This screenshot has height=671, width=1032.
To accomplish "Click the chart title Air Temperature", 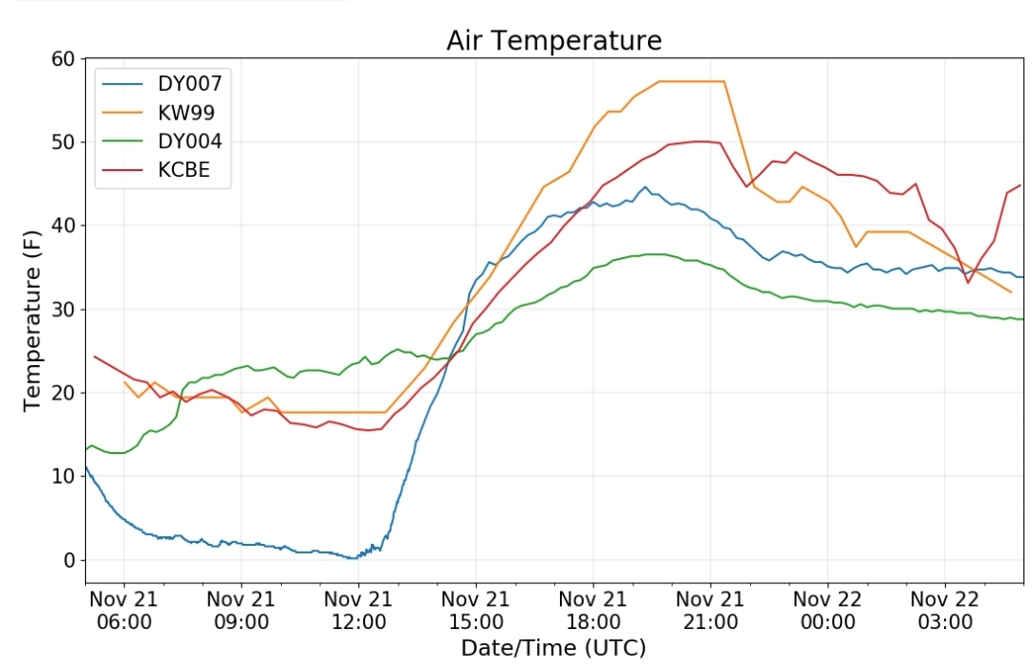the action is point(553,40).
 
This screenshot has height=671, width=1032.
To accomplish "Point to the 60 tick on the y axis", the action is point(63,58).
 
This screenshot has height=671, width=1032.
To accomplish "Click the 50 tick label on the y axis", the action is point(63,142).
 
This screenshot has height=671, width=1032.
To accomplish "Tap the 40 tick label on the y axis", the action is point(63,226).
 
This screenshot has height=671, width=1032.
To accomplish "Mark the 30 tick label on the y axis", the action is point(63,310).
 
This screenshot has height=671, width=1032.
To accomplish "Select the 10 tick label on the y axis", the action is point(63,476).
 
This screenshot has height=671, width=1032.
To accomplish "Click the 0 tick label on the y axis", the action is point(70,560).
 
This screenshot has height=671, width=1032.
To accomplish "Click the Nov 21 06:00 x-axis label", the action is point(123,611).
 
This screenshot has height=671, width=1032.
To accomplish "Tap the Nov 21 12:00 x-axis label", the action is point(358,611).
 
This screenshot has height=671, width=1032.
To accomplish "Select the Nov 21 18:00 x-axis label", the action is point(593,611).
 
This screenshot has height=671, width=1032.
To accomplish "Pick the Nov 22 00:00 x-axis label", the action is point(828,611).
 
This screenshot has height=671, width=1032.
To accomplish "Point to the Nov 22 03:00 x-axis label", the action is point(944,611).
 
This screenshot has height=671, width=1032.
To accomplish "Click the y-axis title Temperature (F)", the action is point(32,320).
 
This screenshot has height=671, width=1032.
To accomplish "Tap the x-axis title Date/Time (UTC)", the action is point(553,648).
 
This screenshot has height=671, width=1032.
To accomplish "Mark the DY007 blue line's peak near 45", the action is point(645,187).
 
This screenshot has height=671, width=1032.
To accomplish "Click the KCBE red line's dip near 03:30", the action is point(967,283).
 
